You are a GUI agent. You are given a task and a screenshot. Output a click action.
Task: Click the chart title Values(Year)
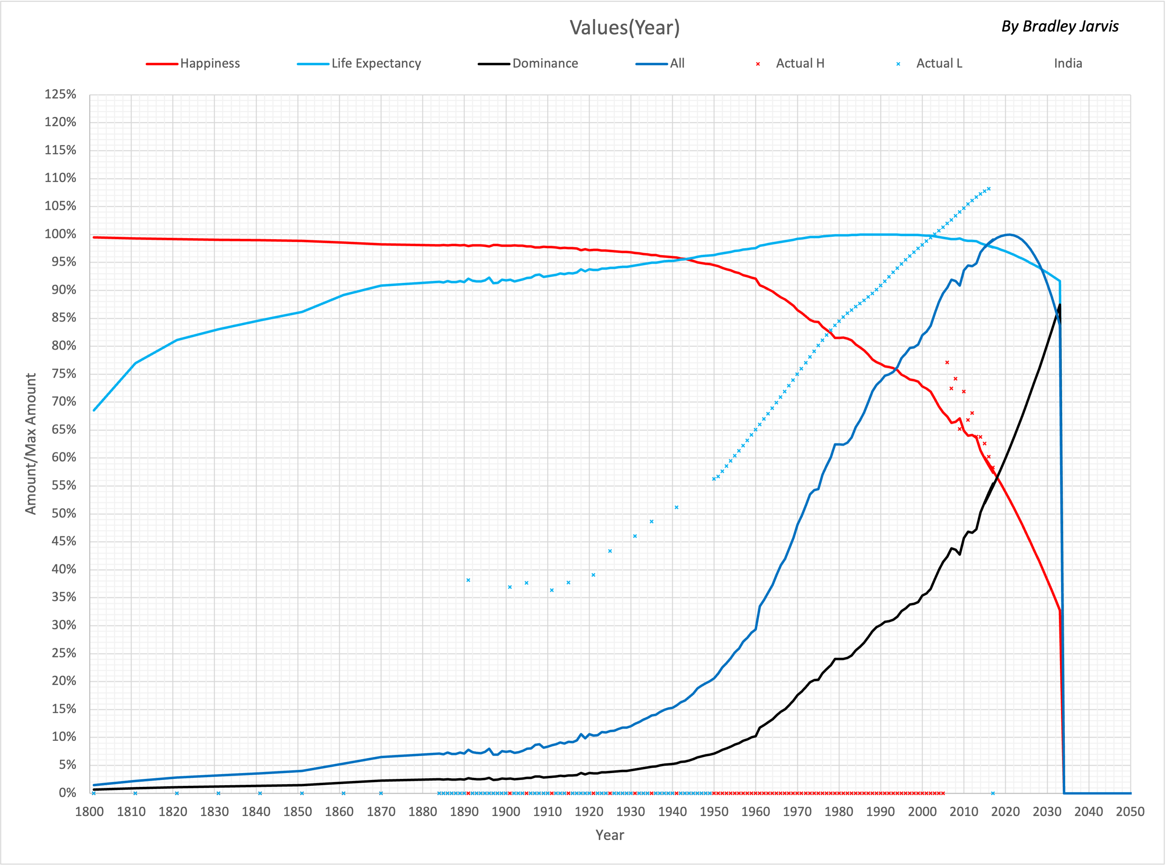[x=624, y=28]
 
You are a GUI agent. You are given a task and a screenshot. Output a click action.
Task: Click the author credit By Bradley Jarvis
[x=1060, y=26]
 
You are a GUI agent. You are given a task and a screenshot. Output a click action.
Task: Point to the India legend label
[x=1068, y=63]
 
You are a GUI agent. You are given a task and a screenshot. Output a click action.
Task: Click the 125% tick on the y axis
[x=60, y=95]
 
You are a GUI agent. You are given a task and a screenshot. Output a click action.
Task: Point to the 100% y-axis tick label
[x=60, y=234]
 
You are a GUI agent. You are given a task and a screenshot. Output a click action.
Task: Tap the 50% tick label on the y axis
[x=63, y=513]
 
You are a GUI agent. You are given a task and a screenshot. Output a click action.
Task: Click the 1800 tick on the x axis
[x=90, y=812]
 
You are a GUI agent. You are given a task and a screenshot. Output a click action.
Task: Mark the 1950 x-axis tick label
[x=714, y=812]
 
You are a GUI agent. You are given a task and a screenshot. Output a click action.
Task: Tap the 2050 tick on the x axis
[x=1130, y=812]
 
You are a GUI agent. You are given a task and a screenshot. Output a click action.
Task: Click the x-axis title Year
[x=610, y=835]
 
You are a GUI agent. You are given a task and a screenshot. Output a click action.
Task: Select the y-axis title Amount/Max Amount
[x=31, y=444]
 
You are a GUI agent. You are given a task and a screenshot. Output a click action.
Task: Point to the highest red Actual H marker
[x=947, y=362]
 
